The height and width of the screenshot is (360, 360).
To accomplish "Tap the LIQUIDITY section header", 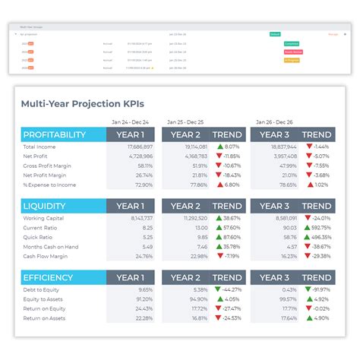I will tap(46, 206).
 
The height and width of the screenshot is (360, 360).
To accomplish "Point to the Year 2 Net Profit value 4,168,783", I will tap(194, 156).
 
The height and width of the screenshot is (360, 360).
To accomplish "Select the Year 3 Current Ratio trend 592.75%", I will tap(316, 227).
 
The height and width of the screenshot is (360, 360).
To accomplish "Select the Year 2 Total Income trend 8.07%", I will tap(228, 147).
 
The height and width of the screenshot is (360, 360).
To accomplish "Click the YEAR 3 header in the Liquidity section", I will tap(275, 206).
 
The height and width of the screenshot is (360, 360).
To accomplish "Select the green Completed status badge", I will tap(291, 43).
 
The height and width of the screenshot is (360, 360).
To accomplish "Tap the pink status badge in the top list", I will tap(292, 52).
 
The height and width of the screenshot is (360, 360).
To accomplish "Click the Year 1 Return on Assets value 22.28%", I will tap(144, 317).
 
